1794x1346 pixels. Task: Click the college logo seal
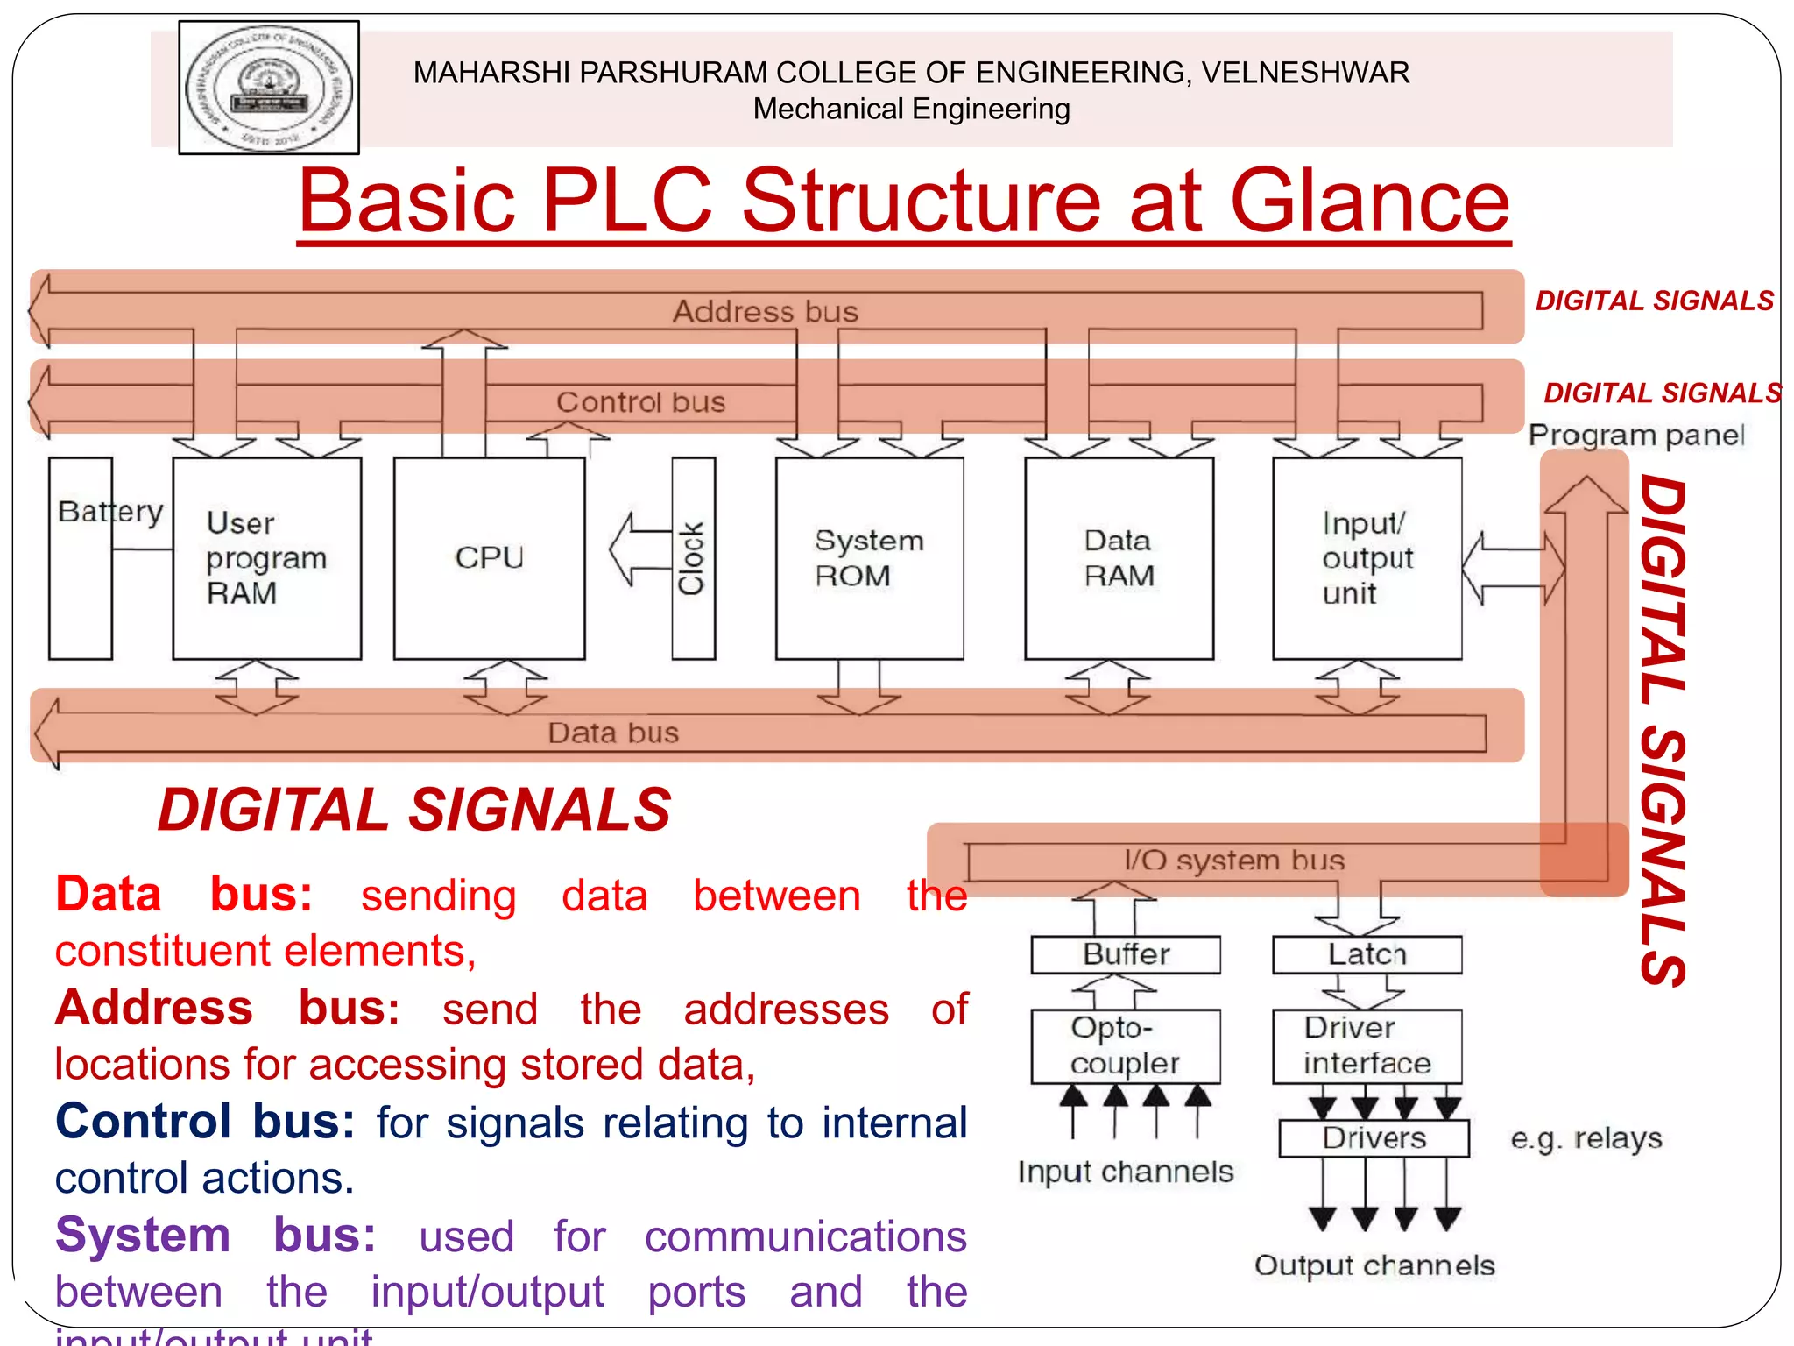[x=269, y=88]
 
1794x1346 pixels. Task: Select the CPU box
[x=489, y=558]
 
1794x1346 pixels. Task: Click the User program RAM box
[x=266, y=558]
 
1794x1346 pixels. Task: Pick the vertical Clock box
[x=693, y=558]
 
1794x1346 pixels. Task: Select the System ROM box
[x=869, y=558]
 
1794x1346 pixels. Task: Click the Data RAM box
[x=1119, y=558]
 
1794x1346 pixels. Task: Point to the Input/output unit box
[x=1367, y=558]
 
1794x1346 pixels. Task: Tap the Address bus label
[x=765, y=312]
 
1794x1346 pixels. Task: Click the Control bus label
[x=641, y=402]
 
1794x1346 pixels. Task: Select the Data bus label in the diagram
[x=613, y=733]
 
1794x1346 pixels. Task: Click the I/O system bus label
[x=1233, y=861]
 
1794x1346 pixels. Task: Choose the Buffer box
[x=1126, y=954]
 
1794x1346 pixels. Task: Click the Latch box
[x=1367, y=954]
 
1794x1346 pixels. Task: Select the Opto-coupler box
[x=1126, y=1045]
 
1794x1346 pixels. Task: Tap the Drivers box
[x=1374, y=1138]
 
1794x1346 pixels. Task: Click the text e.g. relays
[x=1586, y=1138]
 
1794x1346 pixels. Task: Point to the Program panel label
[x=1635, y=436]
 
